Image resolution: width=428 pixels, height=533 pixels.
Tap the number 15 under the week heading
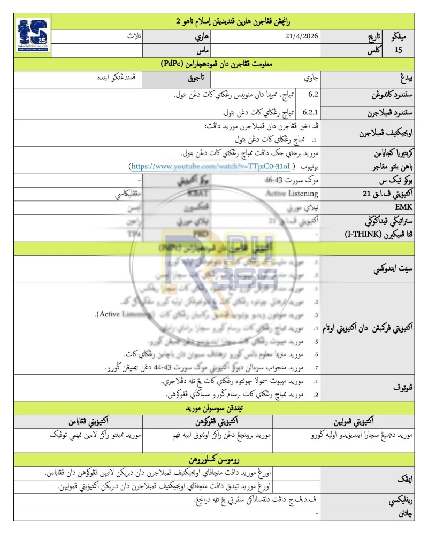[398, 51]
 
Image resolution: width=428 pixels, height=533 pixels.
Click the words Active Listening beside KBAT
[292, 194]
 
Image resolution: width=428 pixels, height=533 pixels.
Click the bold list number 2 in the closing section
[316, 394]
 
